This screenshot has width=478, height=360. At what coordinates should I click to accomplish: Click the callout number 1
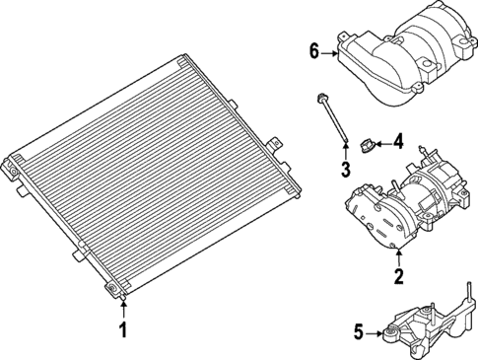point(123,329)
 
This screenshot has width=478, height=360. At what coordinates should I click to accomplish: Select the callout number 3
point(346,170)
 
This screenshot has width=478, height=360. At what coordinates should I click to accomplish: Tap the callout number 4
point(399,142)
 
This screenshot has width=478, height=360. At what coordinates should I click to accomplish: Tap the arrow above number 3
point(346,151)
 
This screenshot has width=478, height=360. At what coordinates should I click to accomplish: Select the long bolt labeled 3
point(334,123)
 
